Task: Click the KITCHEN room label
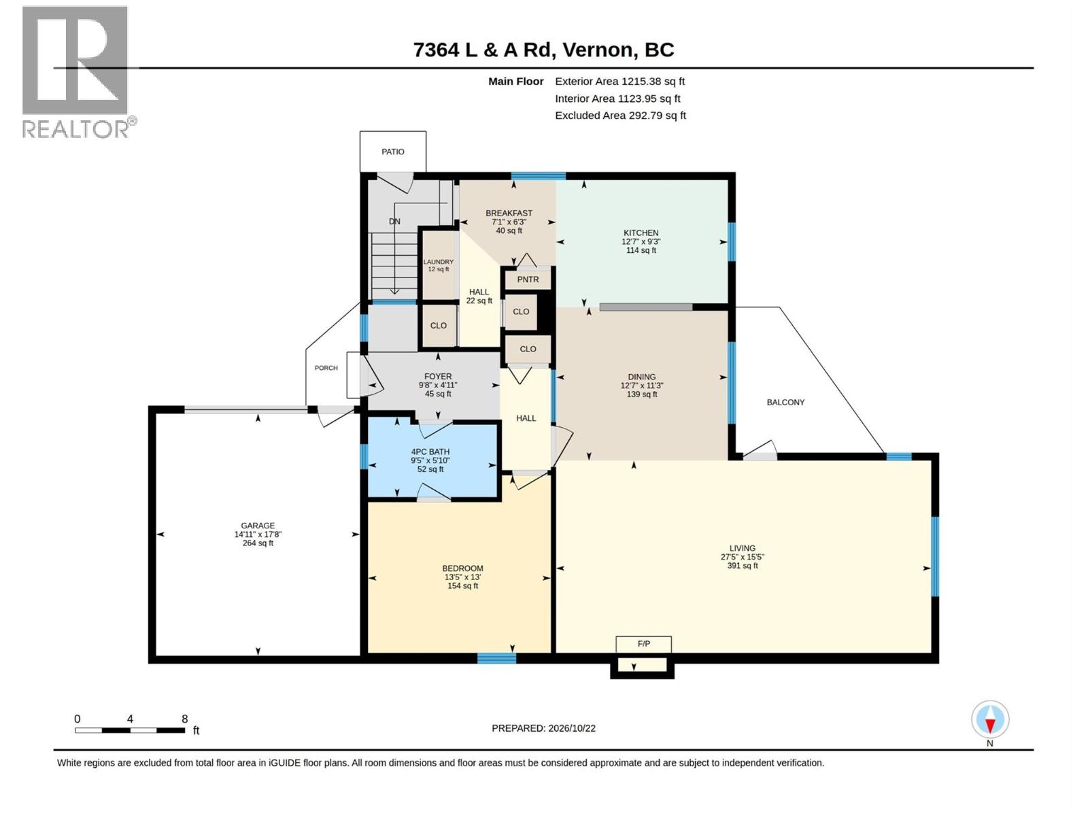pyautogui.click(x=641, y=233)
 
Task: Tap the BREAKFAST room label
pyautogui.click(x=509, y=213)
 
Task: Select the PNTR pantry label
pyautogui.click(x=528, y=279)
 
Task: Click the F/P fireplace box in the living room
pyautogui.click(x=643, y=644)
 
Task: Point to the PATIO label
pyautogui.click(x=392, y=152)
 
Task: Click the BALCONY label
pyautogui.click(x=785, y=403)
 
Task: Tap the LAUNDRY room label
pyautogui.click(x=438, y=262)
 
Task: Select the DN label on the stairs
pyautogui.click(x=394, y=222)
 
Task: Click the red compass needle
pyautogui.click(x=990, y=725)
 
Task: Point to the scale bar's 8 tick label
pyautogui.click(x=185, y=719)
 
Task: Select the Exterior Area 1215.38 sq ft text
pyautogui.click(x=620, y=81)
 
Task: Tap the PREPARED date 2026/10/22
pyautogui.click(x=571, y=728)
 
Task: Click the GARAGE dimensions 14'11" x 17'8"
pyautogui.click(x=258, y=534)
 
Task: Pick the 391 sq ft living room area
pyautogui.click(x=742, y=565)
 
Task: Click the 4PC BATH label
pyautogui.click(x=430, y=452)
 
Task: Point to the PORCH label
pyautogui.click(x=326, y=368)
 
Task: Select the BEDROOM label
pyautogui.click(x=462, y=568)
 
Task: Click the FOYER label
pyautogui.click(x=438, y=377)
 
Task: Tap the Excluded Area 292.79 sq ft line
pyautogui.click(x=621, y=116)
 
